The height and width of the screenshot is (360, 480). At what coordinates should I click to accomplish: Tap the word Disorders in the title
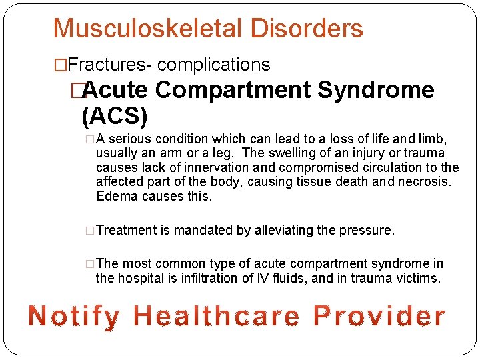coord(307,29)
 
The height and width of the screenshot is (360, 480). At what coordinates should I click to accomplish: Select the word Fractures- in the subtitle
coord(110,65)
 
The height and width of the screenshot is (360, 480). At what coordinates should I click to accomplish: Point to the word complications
coord(214,65)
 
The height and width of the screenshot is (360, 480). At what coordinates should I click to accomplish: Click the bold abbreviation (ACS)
coord(114,116)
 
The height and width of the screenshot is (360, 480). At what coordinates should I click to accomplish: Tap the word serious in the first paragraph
coord(128,139)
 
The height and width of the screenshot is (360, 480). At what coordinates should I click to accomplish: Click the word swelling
coord(295,153)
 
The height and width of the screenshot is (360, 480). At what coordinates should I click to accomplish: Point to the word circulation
coord(386,167)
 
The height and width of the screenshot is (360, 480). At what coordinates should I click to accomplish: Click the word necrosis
coord(423,181)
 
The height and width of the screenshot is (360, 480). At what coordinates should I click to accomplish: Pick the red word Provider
coord(379,316)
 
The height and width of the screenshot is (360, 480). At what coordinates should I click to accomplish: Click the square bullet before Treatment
coord(90,231)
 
